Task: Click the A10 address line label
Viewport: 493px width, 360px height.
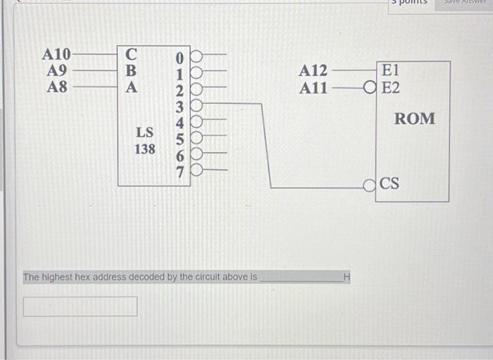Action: click(x=56, y=55)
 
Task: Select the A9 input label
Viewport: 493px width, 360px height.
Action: click(x=57, y=71)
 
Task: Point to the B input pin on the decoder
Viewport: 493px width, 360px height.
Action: click(x=131, y=71)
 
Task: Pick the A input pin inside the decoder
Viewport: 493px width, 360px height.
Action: click(x=131, y=88)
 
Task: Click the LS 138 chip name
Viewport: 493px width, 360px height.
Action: click(x=145, y=140)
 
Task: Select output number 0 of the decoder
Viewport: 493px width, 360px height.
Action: click(x=180, y=56)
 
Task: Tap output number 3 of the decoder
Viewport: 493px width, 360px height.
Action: click(x=180, y=106)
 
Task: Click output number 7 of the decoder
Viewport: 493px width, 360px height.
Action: click(x=180, y=170)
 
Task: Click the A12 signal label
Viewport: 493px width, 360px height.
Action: click(x=313, y=71)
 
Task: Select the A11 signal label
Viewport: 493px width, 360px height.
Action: click(x=313, y=89)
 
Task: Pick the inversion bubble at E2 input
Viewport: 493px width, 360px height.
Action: click(x=369, y=89)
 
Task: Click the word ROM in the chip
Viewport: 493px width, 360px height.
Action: click(x=414, y=119)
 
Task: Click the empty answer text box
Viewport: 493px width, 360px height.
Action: click(x=80, y=306)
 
